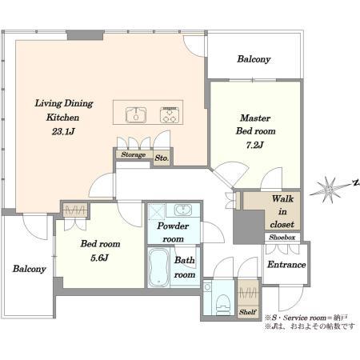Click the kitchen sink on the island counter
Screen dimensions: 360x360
[136, 115]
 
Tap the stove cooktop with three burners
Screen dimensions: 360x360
[170, 115]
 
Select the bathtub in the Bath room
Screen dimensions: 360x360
[158, 267]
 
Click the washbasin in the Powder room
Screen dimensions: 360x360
[183, 210]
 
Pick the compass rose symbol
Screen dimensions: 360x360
[330, 190]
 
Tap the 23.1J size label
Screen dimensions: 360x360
[63, 131]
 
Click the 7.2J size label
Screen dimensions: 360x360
[254, 145]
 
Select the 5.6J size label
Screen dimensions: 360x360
[99, 258]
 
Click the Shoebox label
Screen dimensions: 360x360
[282, 237]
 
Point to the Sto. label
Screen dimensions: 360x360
[162, 158]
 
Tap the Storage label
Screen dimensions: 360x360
[134, 154]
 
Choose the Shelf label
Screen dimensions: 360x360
[247, 312]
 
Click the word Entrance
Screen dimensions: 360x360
[286, 265]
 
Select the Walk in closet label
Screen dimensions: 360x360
[282, 211]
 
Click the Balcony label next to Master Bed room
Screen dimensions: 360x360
[254, 59]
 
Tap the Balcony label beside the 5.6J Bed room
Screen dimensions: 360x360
[29, 269]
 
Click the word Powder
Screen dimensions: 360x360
[173, 226]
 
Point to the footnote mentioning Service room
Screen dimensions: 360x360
[306, 318]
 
